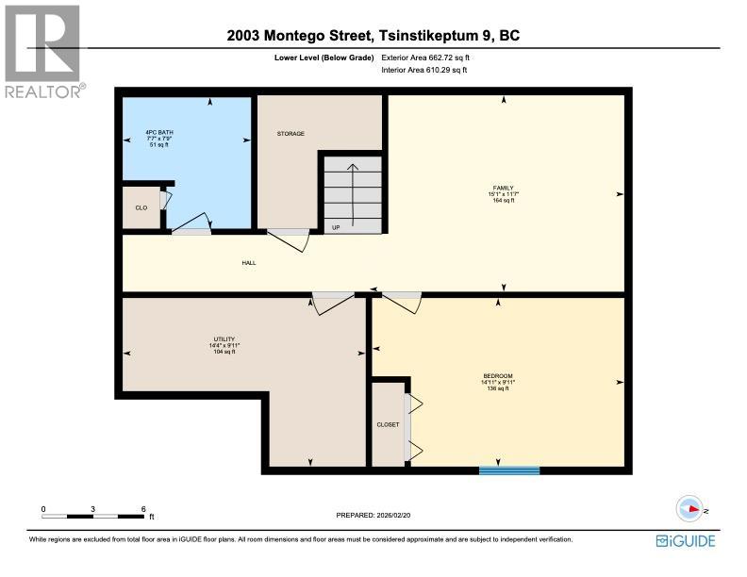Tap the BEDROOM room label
[x=498, y=375]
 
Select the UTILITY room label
[x=224, y=338]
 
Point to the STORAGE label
[x=290, y=134]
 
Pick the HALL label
[x=249, y=263]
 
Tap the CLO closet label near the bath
[x=141, y=207]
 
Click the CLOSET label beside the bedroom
[x=388, y=424]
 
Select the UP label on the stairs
[x=335, y=227]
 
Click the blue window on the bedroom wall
[x=509, y=469]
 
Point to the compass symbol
[x=691, y=509]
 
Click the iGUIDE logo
[x=685, y=540]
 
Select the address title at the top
[x=373, y=37]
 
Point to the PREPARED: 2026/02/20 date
[x=374, y=515]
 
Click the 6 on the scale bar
[x=143, y=509]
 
